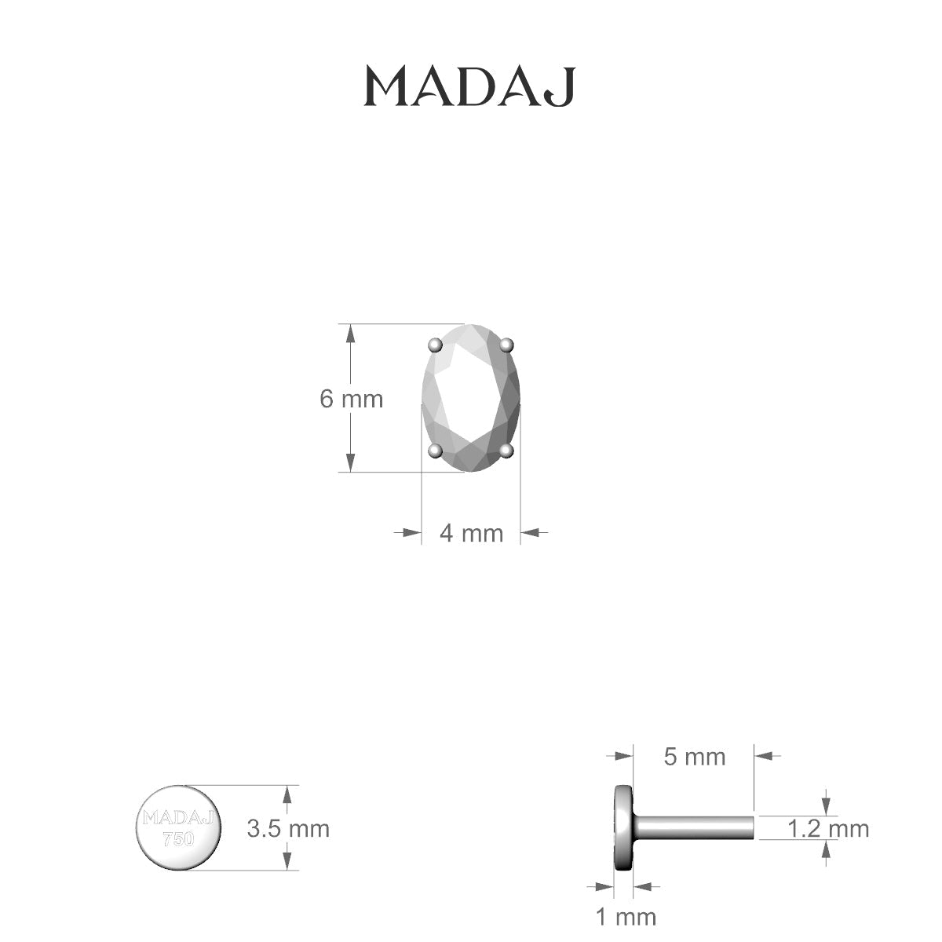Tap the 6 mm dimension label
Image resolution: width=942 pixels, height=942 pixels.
pos(351,399)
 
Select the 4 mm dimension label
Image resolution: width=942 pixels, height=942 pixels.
pos(471,533)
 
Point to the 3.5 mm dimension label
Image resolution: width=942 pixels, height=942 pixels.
pos(288,828)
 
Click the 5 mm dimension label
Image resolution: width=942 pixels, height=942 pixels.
pos(695,757)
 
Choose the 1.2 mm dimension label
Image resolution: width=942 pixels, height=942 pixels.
pos(828,828)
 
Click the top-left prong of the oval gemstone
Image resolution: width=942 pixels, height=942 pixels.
pos(435,345)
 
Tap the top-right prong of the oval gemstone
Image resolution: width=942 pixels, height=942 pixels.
pos(506,344)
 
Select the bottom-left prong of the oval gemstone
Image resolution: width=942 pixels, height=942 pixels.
pos(435,451)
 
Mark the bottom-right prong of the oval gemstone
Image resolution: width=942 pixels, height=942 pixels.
pos(506,450)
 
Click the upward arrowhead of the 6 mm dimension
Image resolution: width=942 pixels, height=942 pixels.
pos(351,333)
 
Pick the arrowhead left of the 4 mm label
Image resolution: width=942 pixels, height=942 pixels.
pos(411,532)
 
